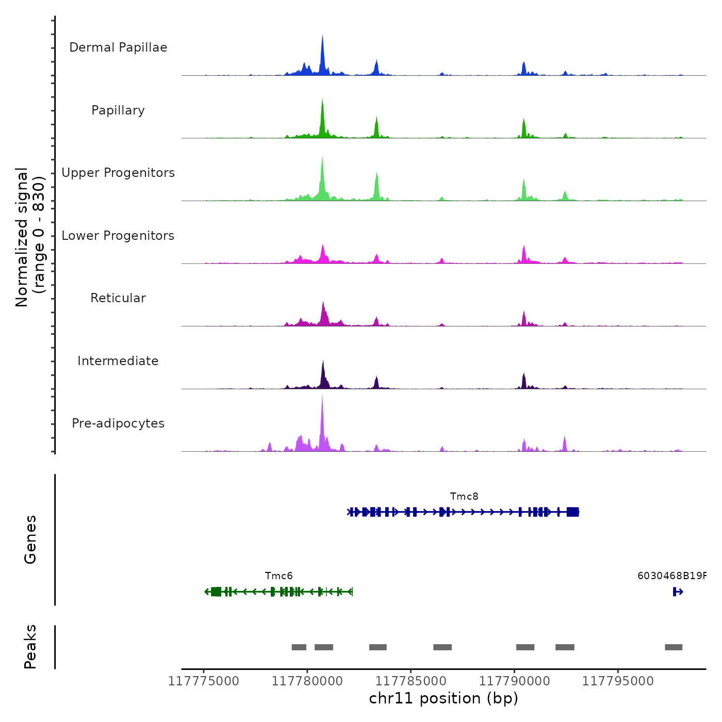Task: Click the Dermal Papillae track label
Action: (118, 47)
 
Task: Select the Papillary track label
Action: (118, 110)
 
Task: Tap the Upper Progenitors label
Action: (118, 173)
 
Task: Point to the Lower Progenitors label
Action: (118, 236)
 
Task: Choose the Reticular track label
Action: (118, 298)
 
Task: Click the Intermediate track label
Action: (118, 361)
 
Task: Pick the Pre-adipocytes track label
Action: (118, 423)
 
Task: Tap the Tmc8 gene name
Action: (464, 496)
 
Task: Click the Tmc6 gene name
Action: (278, 576)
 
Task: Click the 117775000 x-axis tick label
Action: (204, 681)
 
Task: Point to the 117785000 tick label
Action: (411, 681)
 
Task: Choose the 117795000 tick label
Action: (618, 681)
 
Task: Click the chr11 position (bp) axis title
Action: (444, 698)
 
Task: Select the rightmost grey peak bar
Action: (674, 647)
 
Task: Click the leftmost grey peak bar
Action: (299, 647)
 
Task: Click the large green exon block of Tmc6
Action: (216, 592)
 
